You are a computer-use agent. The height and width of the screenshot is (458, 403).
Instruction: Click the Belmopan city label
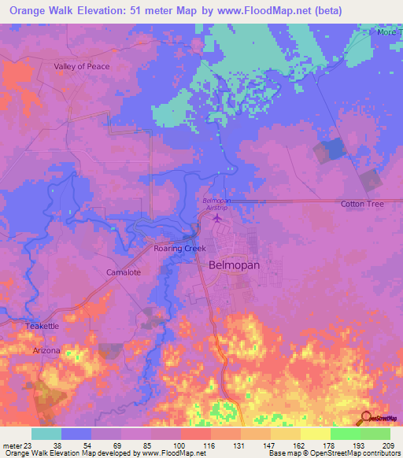(235, 265)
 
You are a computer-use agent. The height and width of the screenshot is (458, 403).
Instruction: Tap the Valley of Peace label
(82, 67)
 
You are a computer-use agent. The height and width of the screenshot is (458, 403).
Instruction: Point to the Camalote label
(123, 272)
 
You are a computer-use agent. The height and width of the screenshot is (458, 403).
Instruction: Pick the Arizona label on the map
(46, 350)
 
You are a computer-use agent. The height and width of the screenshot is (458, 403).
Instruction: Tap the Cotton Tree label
(362, 205)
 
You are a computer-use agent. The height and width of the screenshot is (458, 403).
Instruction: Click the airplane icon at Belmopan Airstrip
(216, 218)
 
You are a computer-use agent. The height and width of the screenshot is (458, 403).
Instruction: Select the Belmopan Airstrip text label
(216, 205)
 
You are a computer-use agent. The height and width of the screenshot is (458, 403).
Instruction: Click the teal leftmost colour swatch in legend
(46, 434)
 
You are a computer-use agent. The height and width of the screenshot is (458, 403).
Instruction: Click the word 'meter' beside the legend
(11, 445)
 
